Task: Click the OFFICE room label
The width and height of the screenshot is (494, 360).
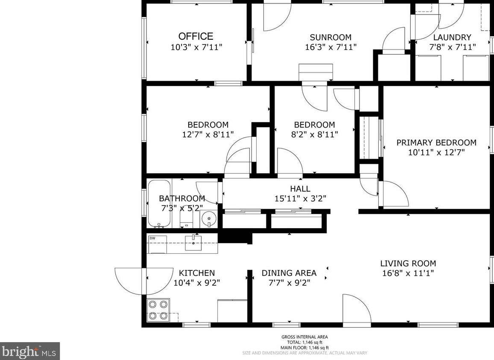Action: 196,36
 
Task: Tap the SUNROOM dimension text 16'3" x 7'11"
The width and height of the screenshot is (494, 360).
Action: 331,47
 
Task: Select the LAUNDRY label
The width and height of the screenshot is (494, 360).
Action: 452,38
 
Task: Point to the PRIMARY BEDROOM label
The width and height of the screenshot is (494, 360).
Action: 436,142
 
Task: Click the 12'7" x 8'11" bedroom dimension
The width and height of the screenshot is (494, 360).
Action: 208,135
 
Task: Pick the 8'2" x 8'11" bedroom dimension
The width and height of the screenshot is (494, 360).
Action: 314,135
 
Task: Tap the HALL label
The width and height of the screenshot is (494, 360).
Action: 300,189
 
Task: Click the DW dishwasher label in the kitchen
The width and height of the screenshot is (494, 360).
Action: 152,238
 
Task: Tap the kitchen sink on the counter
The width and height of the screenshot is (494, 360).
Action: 193,243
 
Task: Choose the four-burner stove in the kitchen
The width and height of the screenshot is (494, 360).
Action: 158,310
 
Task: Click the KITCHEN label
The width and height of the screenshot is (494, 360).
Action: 197,273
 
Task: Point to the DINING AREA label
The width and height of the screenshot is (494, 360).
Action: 289,273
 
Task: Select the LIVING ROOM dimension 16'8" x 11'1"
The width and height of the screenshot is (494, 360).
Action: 408,273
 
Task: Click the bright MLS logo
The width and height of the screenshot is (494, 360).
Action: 30,351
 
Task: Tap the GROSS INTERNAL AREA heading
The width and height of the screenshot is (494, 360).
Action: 304,337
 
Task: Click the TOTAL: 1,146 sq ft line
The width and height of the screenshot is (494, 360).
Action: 304,343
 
